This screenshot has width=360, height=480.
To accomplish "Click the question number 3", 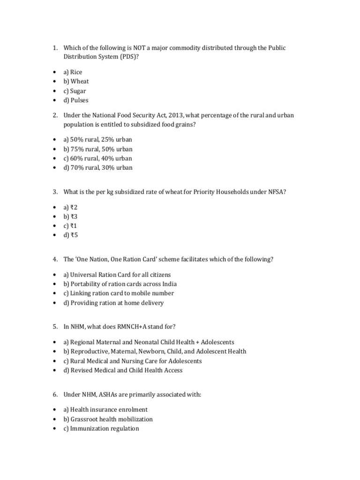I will pos(55,192).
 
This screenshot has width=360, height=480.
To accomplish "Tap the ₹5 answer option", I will pos(71,235).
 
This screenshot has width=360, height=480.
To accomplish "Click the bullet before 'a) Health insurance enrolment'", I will pos(55,410).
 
